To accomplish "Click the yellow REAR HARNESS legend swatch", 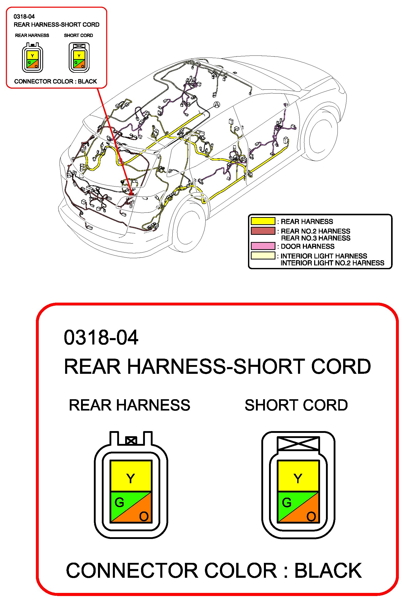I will (263, 221).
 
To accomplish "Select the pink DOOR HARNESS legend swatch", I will (263, 246).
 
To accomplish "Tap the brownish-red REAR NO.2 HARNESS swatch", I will (263, 231).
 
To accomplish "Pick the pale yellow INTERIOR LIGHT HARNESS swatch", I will (263, 256).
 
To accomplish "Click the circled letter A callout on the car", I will (217, 105).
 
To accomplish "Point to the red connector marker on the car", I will (131, 193).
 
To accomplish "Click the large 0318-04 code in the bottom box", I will (101, 338).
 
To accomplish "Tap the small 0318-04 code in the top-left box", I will (24, 17).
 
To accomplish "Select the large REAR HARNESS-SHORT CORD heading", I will (217, 367).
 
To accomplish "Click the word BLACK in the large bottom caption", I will (328, 570).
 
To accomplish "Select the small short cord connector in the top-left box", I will (79, 58).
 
